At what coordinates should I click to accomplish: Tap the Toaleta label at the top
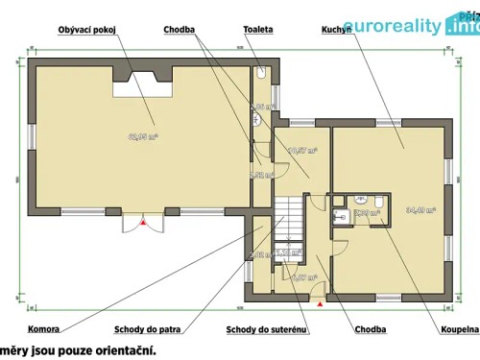click(x=258, y=31)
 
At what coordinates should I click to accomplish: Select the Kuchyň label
click(x=335, y=31)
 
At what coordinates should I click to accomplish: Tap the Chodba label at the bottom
click(x=370, y=329)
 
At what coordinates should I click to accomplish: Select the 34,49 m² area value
click(x=420, y=208)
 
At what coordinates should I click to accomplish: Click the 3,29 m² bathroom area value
click(x=363, y=213)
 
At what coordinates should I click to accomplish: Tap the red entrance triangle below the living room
click(x=143, y=224)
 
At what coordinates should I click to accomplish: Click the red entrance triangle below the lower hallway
click(x=320, y=303)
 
